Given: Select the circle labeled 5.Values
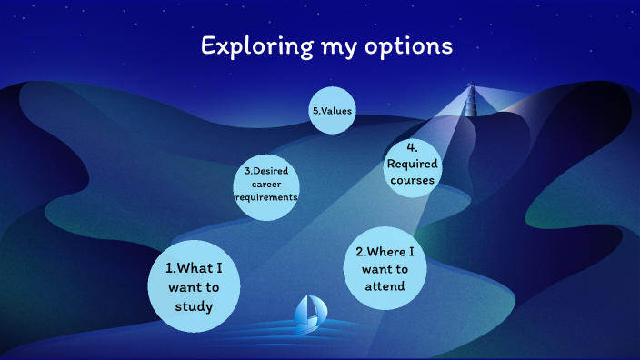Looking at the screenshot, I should (x=332, y=111).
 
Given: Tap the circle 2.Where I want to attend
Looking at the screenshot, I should (x=385, y=269).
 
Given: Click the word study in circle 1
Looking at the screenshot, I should (x=195, y=306).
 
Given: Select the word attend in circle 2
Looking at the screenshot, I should (x=385, y=287).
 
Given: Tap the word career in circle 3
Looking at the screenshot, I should (x=266, y=184).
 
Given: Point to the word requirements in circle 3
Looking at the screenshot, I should (x=266, y=197).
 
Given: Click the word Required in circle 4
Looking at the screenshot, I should (x=413, y=165).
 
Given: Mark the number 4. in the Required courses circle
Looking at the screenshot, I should (x=412, y=148).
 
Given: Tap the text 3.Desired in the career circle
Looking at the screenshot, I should (x=266, y=171).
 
